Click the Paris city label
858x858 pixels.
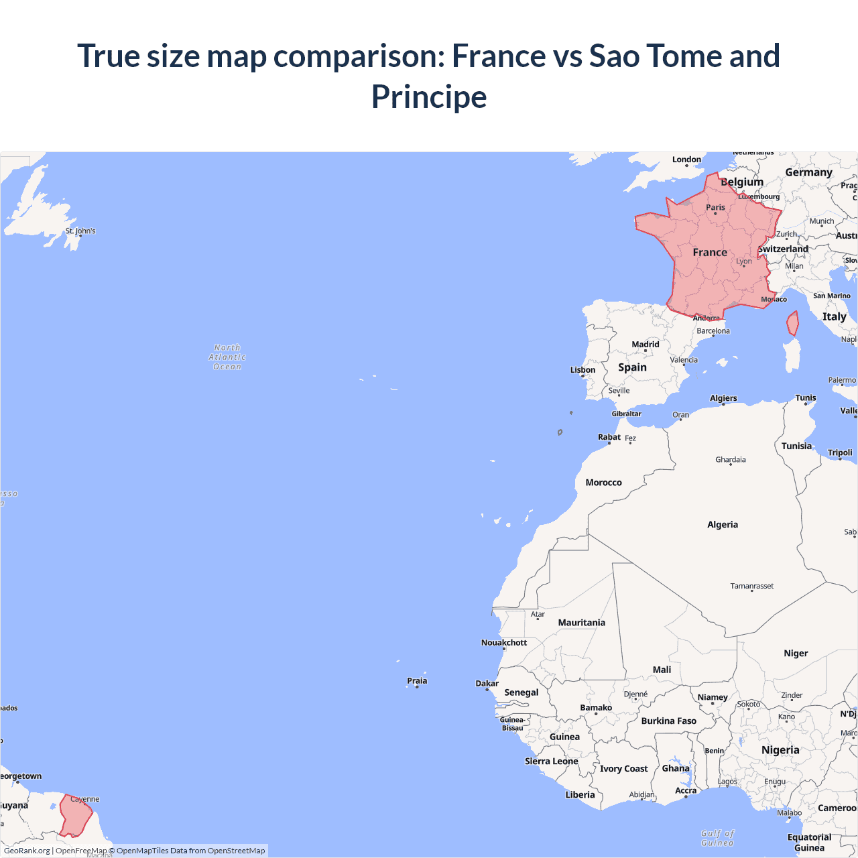(715, 208)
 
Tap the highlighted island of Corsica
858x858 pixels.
(792, 324)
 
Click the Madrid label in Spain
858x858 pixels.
(646, 345)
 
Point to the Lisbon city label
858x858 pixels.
(583, 370)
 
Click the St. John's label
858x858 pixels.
(80, 231)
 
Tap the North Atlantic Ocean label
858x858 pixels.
(227, 357)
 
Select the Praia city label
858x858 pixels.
(417, 681)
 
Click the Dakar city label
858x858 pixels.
(487, 684)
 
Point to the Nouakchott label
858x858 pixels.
(504, 643)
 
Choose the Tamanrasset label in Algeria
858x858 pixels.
(751, 586)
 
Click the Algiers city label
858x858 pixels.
(723, 398)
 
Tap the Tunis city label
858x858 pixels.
(806, 397)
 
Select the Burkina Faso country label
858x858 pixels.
(668, 721)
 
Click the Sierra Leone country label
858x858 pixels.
(551, 761)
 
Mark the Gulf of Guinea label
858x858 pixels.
(717, 838)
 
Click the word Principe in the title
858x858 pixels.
(429, 97)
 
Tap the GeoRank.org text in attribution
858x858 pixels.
(27, 851)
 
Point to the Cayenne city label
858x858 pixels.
(85, 799)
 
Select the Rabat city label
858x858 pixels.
(609, 437)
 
